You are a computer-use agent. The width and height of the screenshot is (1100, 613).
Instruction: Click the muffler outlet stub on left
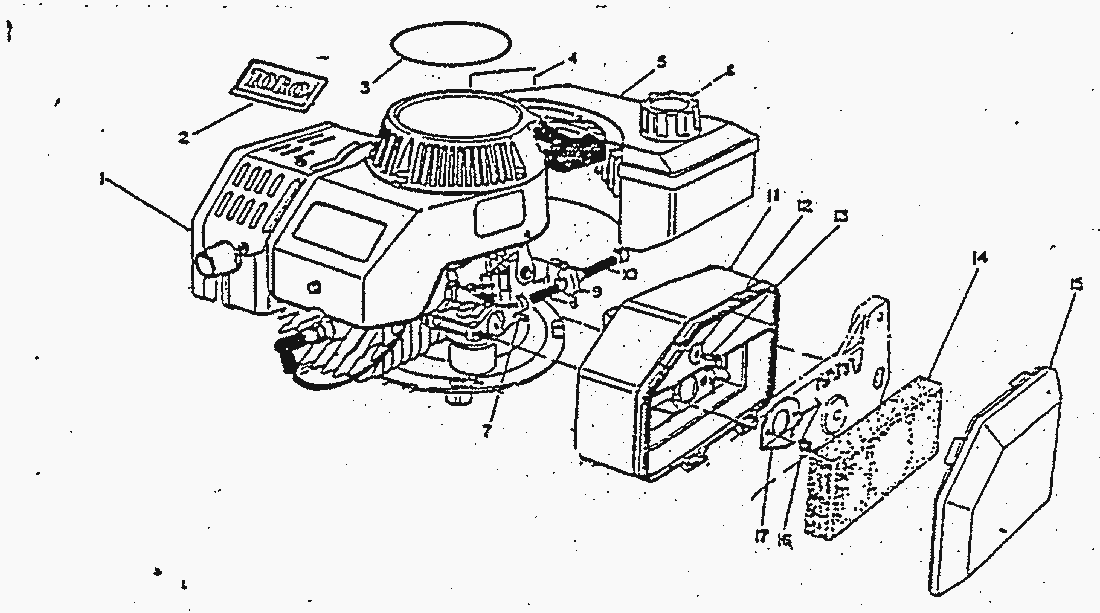point(214,263)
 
